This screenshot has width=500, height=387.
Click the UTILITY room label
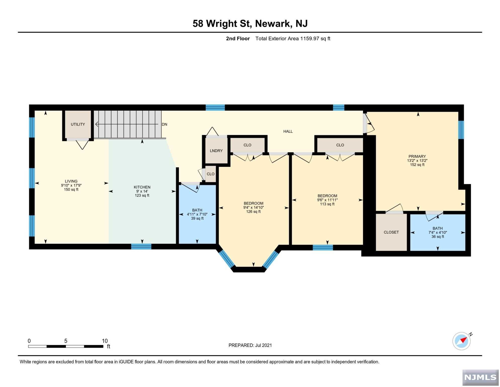click(x=78, y=124)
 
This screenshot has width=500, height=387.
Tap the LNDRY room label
click(x=216, y=151)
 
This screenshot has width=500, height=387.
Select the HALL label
click(x=288, y=132)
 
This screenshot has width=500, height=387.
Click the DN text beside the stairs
click(x=164, y=124)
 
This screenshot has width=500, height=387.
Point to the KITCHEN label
click(x=142, y=187)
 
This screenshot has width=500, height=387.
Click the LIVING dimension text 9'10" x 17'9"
click(x=71, y=185)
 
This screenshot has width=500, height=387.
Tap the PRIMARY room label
click(x=417, y=156)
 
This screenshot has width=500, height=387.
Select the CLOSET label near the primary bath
click(x=391, y=232)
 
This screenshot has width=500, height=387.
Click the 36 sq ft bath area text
click(x=438, y=237)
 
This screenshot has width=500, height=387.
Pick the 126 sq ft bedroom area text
click(x=254, y=212)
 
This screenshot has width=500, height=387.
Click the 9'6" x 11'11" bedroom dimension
click(x=327, y=200)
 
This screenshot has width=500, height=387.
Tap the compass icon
click(x=462, y=341)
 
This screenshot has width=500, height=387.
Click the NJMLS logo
click(x=480, y=377)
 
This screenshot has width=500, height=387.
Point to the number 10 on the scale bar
click(x=105, y=341)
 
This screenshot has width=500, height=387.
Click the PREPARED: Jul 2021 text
click(x=250, y=345)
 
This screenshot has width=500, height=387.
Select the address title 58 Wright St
click(x=222, y=24)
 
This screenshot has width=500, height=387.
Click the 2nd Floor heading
click(x=238, y=39)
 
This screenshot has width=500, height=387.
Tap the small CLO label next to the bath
click(x=211, y=174)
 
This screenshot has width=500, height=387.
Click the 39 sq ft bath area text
click(x=197, y=218)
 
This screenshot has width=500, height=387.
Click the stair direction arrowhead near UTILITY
click(x=97, y=124)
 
